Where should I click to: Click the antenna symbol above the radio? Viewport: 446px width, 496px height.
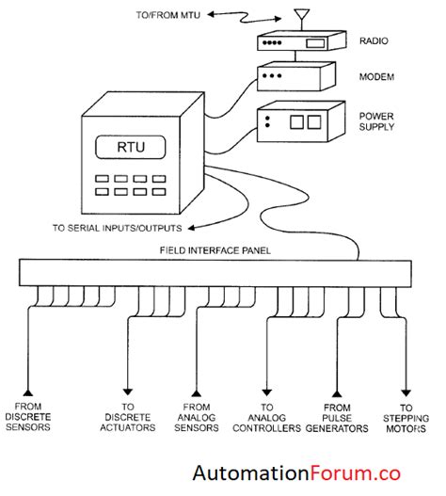point(301,17)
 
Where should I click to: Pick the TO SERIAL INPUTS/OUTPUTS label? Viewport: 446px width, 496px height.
point(118,227)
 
